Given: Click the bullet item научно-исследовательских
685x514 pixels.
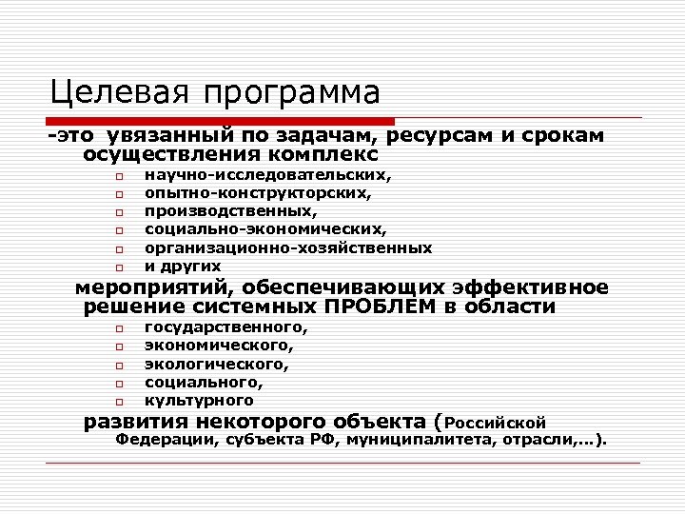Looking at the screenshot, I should click(267, 175).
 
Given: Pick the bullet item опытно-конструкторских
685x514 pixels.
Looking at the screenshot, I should click(258, 193).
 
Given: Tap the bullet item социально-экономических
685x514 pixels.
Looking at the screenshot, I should click(265, 229).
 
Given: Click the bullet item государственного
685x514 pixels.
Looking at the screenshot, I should click(225, 327).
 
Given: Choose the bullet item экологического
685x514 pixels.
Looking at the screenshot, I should click(216, 364).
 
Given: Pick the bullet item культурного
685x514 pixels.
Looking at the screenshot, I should click(199, 401).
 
